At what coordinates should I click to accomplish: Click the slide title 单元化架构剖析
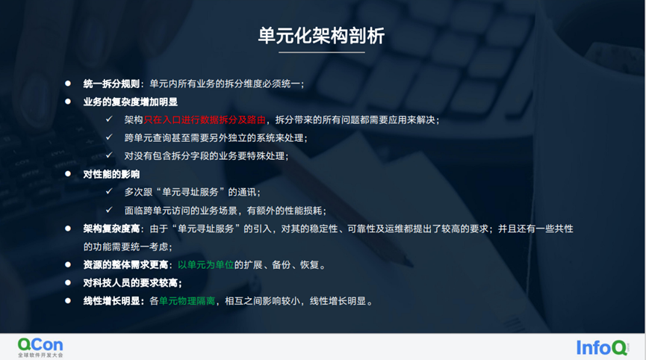point(322,35)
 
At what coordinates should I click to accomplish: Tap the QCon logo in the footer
point(40,346)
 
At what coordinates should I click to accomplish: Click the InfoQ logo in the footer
point(602,347)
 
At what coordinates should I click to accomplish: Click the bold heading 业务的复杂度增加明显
point(130,102)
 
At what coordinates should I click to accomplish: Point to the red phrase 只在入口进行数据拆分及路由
point(207,120)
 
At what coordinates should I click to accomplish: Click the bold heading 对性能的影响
point(111,174)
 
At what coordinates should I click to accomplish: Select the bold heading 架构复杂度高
point(112,229)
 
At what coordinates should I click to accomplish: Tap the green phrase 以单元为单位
point(205,264)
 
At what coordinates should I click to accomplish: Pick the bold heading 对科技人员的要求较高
point(132,283)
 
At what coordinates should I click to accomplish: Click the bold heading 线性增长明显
point(112,301)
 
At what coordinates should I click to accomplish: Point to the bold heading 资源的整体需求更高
point(125,264)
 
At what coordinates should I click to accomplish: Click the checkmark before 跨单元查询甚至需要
point(110,138)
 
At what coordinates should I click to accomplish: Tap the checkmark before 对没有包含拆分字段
point(110,156)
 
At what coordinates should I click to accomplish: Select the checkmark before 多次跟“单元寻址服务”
point(110,192)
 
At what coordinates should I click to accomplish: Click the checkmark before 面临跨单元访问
point(110,211)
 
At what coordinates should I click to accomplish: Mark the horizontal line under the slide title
point(322,53)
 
